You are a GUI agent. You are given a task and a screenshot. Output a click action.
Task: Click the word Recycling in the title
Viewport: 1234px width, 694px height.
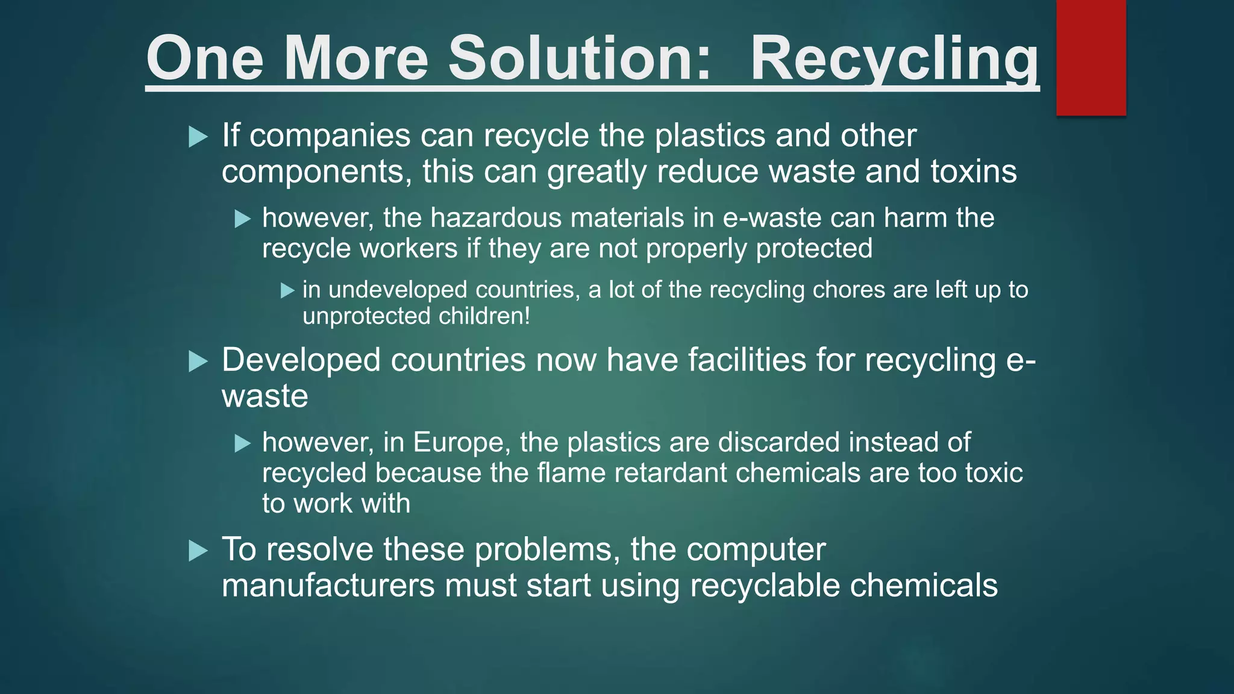click(894, 59)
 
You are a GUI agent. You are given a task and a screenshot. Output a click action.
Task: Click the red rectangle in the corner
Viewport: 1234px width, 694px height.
click(1091, 57)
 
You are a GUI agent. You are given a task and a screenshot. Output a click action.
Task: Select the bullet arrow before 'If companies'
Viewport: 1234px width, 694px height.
click(198, 137)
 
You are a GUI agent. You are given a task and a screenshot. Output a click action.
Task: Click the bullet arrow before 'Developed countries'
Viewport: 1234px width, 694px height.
click(198, 361)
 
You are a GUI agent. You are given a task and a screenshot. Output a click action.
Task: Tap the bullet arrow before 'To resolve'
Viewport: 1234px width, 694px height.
click(198, 551)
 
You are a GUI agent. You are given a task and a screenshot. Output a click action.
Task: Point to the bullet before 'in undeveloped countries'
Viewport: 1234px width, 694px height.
click(287, 291)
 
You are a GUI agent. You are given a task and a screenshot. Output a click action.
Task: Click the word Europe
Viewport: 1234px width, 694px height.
click(458, 443)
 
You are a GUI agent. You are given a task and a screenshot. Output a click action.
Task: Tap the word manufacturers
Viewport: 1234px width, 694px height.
click(328, 586)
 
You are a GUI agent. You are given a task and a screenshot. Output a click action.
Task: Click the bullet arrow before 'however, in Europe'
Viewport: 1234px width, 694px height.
click(242, 444)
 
